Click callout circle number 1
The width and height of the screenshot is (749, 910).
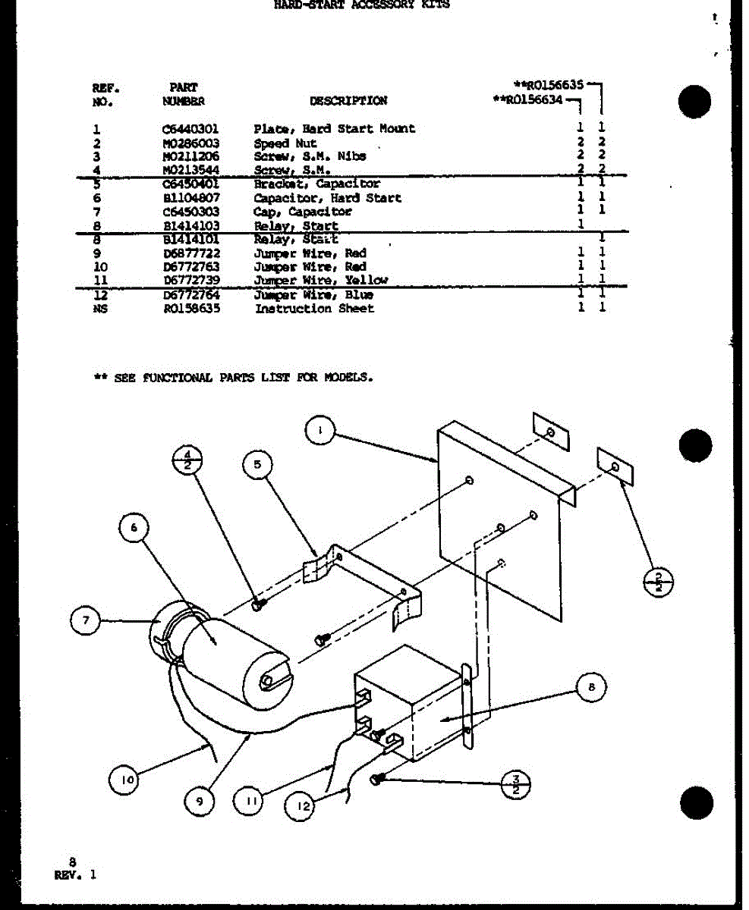pos(319,431)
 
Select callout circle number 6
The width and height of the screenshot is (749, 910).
pos(134,530)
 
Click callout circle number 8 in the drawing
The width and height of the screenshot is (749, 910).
pos(591,688)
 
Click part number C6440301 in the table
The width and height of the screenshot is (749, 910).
pos(189,129)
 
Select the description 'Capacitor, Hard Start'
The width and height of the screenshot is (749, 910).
pos(327,198)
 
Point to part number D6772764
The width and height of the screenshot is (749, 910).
pos(189,295)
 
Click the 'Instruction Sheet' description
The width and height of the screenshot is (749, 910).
pos(314,309)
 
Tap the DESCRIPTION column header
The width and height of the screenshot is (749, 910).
pos(348,101)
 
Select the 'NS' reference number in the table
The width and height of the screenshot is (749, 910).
pos(97,309)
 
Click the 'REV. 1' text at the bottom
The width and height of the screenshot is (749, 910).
pos(76,874)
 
